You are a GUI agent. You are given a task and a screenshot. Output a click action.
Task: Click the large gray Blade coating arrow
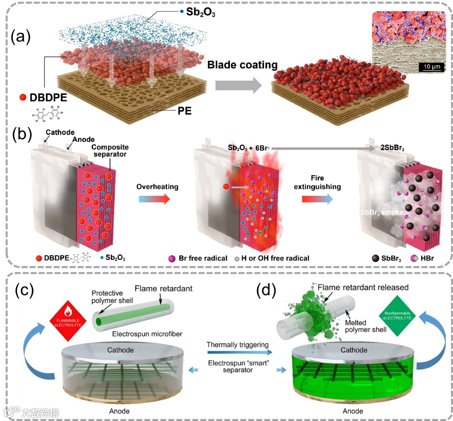click(238, 86)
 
